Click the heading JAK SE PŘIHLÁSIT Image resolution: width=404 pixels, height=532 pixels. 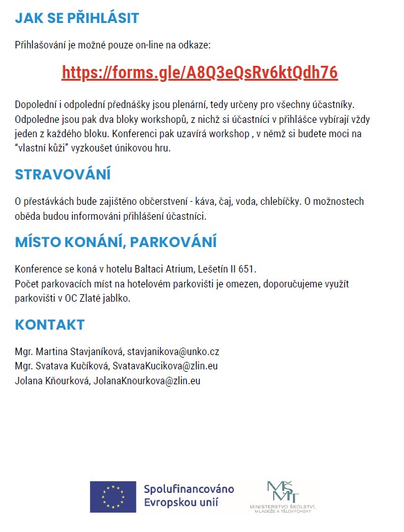click(x=77, y=18)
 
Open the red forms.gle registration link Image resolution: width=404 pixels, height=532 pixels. click(x=200, y=73)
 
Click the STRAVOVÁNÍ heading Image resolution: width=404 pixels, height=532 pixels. click(x=63, y=174)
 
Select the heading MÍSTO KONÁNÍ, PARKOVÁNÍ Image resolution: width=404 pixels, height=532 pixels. click(x=115, y=241)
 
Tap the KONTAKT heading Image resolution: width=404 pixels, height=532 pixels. click(x=50, y=325)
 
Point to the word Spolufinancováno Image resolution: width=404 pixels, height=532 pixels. click(x=189, y=489)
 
